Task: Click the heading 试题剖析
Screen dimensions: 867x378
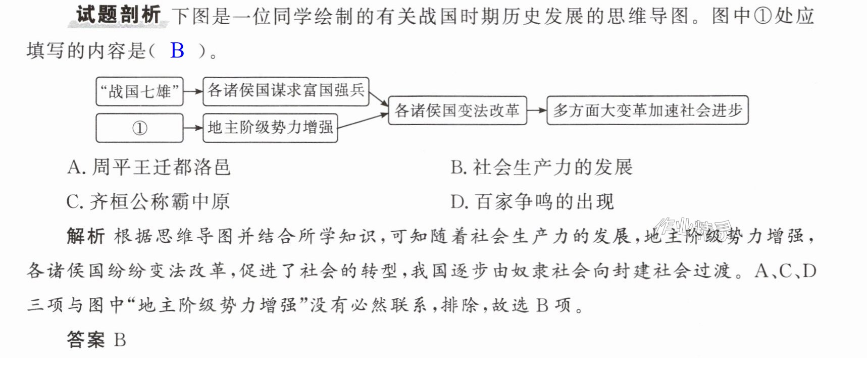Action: pos(119,15)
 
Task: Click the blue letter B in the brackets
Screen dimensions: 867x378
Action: pos(177,50)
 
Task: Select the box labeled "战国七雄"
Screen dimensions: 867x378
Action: pos(139,91)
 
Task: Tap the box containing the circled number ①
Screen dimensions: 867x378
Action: pos(139,128)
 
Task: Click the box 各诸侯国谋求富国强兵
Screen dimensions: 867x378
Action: pos(286,91)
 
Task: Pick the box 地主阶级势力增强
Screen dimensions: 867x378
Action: pos(270,128)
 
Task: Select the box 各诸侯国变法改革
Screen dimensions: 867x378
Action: pos(457,111)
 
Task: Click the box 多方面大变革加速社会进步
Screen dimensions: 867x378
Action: pos(647,111)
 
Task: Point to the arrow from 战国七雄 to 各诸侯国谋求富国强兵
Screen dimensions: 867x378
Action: pos(193,92)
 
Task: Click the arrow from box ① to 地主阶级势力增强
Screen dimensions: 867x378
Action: pos(193,128)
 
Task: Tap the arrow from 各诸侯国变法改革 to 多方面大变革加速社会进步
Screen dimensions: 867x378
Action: pos(537,111)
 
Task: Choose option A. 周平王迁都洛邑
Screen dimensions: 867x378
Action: pos(149,167)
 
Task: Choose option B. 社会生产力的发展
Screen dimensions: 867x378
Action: pos(542,167)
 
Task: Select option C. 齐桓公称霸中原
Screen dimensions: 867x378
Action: pos(148,202)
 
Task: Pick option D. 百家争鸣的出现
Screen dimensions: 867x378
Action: pos(532,202)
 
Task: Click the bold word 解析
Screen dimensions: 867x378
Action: pos(86,236)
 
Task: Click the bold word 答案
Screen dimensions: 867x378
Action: pos(86,340)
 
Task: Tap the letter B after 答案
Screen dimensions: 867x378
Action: pos(120,340)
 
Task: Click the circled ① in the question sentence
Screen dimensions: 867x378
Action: pos(763,16)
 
